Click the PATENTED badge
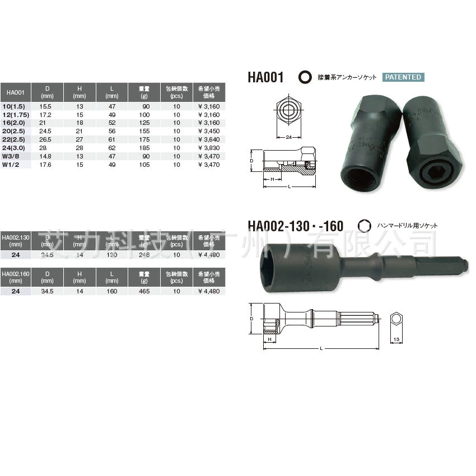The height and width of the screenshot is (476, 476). [403, 77]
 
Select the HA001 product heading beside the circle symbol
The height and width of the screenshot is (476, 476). [267, 77]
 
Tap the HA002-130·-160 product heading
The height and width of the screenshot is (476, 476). [296, 225]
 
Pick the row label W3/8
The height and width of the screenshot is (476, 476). [12, 157]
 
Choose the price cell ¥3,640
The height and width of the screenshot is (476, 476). [209, 139]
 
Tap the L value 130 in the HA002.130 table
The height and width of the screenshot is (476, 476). [112, 255]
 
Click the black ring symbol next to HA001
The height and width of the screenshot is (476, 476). [305, 77]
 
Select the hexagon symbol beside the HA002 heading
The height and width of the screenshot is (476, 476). [365, 225]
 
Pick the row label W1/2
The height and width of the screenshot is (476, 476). [12, 165]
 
